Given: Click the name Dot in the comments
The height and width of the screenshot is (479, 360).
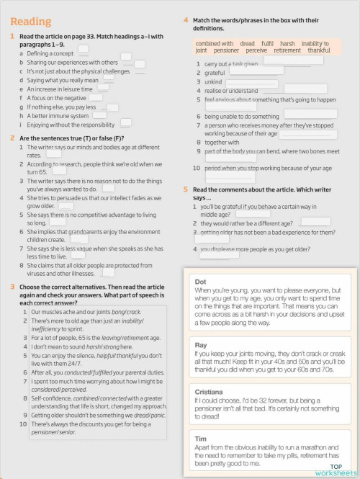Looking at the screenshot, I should pos(201,281).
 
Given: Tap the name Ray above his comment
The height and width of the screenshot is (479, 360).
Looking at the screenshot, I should pos(201,345).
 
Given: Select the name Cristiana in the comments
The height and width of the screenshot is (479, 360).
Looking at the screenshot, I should pos(210,390).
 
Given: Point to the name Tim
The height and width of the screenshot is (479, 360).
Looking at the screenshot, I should pos(201,437).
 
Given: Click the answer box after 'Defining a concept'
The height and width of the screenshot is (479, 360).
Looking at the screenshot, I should pos(84,50).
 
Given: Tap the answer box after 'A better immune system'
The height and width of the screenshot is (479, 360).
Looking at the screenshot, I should pos(100,114).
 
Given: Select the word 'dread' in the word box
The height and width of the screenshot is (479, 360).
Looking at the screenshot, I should pos(247,44).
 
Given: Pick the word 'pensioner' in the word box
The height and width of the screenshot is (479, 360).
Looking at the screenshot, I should pos(226,51).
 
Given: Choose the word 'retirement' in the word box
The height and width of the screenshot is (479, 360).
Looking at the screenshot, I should pos(287,51).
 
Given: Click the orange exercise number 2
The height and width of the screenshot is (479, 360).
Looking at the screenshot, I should pos(13,138).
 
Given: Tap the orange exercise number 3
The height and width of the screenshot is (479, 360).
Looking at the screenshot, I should pos(13,287).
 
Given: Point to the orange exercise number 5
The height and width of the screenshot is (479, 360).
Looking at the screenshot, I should pos(186,189).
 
